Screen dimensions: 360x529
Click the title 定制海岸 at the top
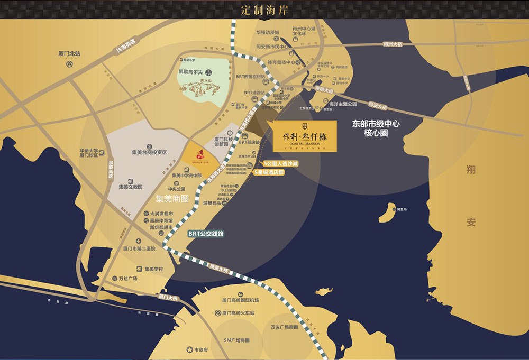click(x=264, y=10)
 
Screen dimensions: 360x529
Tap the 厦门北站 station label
click(x=69, y=53)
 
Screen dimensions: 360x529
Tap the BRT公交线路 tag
click(x=206, y=233)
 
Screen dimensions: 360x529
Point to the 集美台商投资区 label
click(x=149, y=152)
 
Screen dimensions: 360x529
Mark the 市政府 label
click(x=202, y=350)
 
